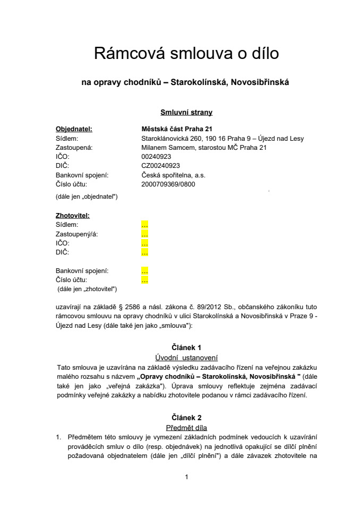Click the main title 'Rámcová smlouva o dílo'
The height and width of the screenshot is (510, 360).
point(186,54)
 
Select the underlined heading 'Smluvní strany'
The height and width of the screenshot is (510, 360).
point(186,112)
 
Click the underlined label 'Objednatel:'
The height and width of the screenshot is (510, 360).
point(74,129)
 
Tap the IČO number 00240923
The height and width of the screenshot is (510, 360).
point(156,157)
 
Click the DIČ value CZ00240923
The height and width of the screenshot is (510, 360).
point(160,166)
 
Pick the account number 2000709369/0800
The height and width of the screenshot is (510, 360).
point(168,184)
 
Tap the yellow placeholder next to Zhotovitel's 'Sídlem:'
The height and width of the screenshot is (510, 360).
point(144,225)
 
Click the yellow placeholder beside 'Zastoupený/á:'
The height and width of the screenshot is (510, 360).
point(144,234)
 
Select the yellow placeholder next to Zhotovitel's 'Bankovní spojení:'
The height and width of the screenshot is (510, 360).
point(144,271)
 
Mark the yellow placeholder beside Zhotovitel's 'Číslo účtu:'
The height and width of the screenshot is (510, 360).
point(144,280)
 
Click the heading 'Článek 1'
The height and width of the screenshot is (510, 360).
point(186,347)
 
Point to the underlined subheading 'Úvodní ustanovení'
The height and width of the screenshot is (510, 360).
point(186,357)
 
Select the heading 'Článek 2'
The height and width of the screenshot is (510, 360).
point(186,418)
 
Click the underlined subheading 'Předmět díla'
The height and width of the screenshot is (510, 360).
point(186,427)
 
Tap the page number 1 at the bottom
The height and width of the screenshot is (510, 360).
point(186,477)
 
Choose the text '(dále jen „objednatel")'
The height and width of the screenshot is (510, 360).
point(87,197)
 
